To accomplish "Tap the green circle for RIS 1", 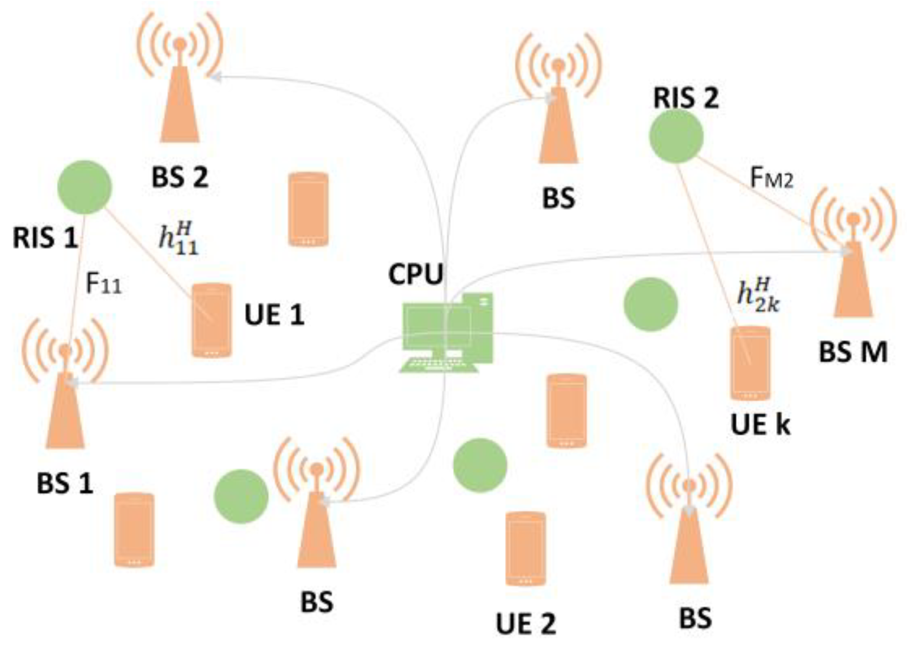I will point(84,187).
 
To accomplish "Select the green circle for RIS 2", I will point(676,136).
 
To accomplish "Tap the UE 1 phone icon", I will point(211,320).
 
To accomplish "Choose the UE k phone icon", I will point(750,363).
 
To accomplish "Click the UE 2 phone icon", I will point(525,548).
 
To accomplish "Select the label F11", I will point(104,283).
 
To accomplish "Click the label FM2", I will point(771,178).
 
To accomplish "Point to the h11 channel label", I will point(178,239).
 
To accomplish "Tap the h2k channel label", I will point(758,295).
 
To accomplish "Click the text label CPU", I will point(415,274).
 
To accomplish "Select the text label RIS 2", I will point(686,98).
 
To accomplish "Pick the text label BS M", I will point(853,353).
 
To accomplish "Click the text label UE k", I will point(760,425).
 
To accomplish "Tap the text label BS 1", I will point(65,483).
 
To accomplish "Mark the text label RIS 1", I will point(45,238).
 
